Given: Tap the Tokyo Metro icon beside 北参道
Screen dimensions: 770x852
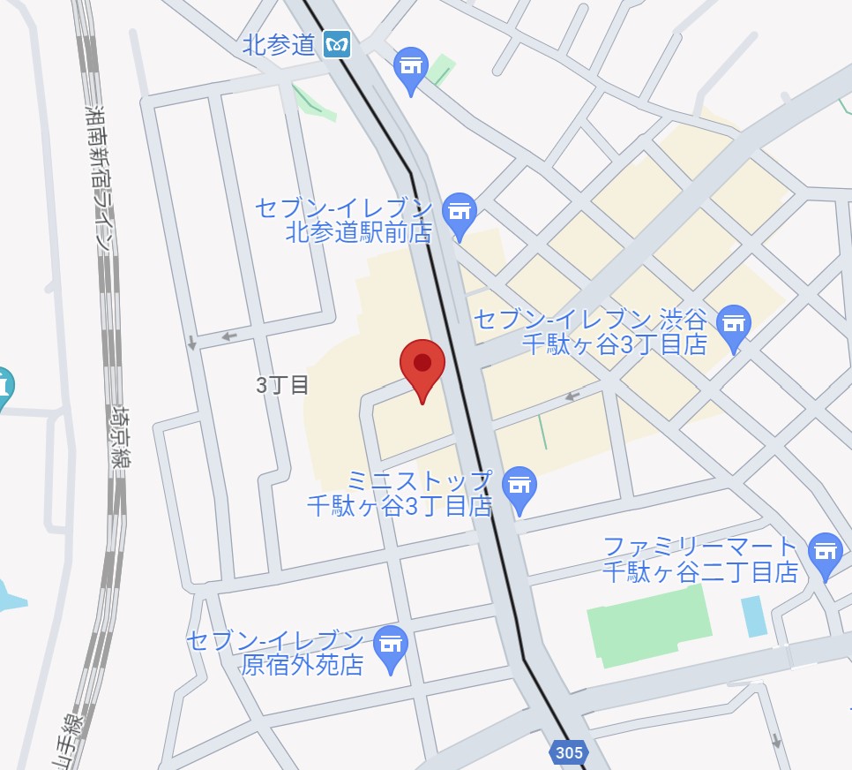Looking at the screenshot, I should click(336, 43).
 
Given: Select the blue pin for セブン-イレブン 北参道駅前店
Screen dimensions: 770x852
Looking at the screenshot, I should click(459, 215).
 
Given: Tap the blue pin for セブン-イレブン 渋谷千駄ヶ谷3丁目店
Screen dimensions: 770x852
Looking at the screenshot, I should click(734, 326).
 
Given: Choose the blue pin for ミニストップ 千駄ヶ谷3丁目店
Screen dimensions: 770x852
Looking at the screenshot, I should click(520, 488).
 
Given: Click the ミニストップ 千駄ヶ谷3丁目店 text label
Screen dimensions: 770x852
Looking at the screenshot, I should click(399, 494).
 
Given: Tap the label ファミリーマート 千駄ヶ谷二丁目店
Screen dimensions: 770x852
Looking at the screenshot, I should click(700, 559).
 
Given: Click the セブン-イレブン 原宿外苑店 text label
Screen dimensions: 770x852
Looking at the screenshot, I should click(275, 653).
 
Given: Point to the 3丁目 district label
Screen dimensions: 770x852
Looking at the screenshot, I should click(282, 385).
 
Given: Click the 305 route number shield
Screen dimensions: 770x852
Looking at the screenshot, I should click(569, 753).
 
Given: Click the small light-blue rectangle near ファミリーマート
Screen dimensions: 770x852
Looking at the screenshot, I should click(754, 616).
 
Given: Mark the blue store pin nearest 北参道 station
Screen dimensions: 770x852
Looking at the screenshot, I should click(410, 69).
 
